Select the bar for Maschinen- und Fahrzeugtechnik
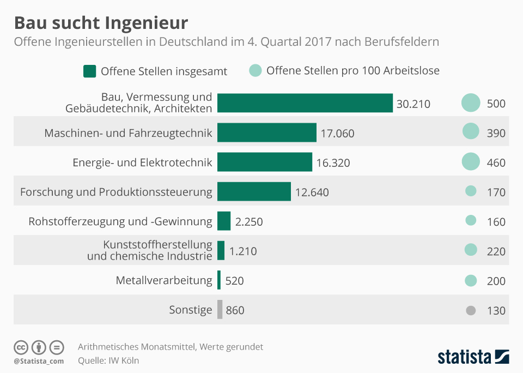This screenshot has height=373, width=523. (267, 133)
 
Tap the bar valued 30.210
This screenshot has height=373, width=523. (305, 103)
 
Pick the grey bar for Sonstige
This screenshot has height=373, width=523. (220, 310)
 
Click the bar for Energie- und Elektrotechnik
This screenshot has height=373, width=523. (265, 162)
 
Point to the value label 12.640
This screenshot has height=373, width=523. (312, 192)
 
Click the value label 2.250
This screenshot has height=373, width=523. (250, 221)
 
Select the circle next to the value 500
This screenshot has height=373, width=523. (471, 103)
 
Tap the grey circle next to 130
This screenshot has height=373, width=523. (471, 310)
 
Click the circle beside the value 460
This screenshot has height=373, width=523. (471, 162)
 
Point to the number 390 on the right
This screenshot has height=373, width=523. (496, 133)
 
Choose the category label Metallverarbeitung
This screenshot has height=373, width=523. (164, 280)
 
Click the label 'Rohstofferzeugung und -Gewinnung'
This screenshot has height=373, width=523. (120, 221)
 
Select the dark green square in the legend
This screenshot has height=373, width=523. (89, 71)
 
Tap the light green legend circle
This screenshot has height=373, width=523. (255, 70)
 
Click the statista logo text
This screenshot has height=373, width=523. (465, 357)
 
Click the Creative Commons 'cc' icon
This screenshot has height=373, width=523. (21, 347)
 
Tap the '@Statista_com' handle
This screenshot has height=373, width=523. (39, 360)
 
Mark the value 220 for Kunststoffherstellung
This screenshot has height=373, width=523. (496, 251)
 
